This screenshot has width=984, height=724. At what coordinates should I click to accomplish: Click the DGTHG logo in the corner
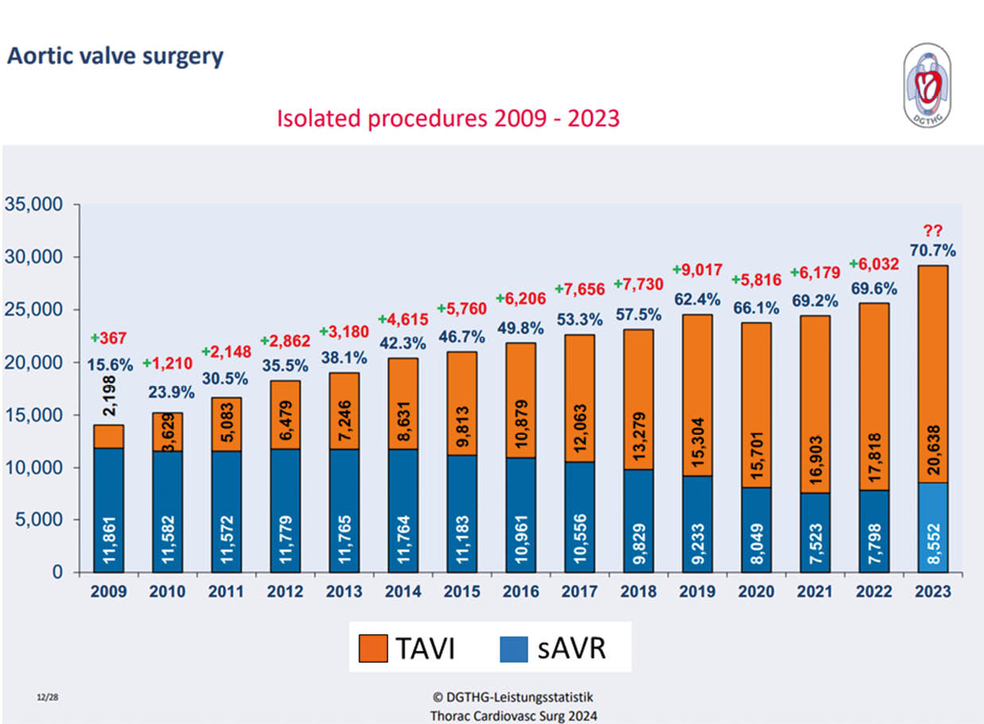pos(927,84)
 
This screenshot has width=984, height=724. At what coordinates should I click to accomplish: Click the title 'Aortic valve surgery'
pos(115,57)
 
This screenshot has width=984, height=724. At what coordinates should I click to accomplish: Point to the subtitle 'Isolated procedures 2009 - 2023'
pos(448,118)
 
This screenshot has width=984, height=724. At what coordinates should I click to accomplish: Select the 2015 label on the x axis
pos(461,592)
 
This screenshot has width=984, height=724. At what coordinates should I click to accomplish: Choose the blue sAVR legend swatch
pos(513,647)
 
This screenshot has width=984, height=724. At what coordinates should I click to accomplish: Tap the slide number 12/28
pos(46,696)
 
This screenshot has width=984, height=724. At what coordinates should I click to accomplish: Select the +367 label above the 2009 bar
pos(109,338)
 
